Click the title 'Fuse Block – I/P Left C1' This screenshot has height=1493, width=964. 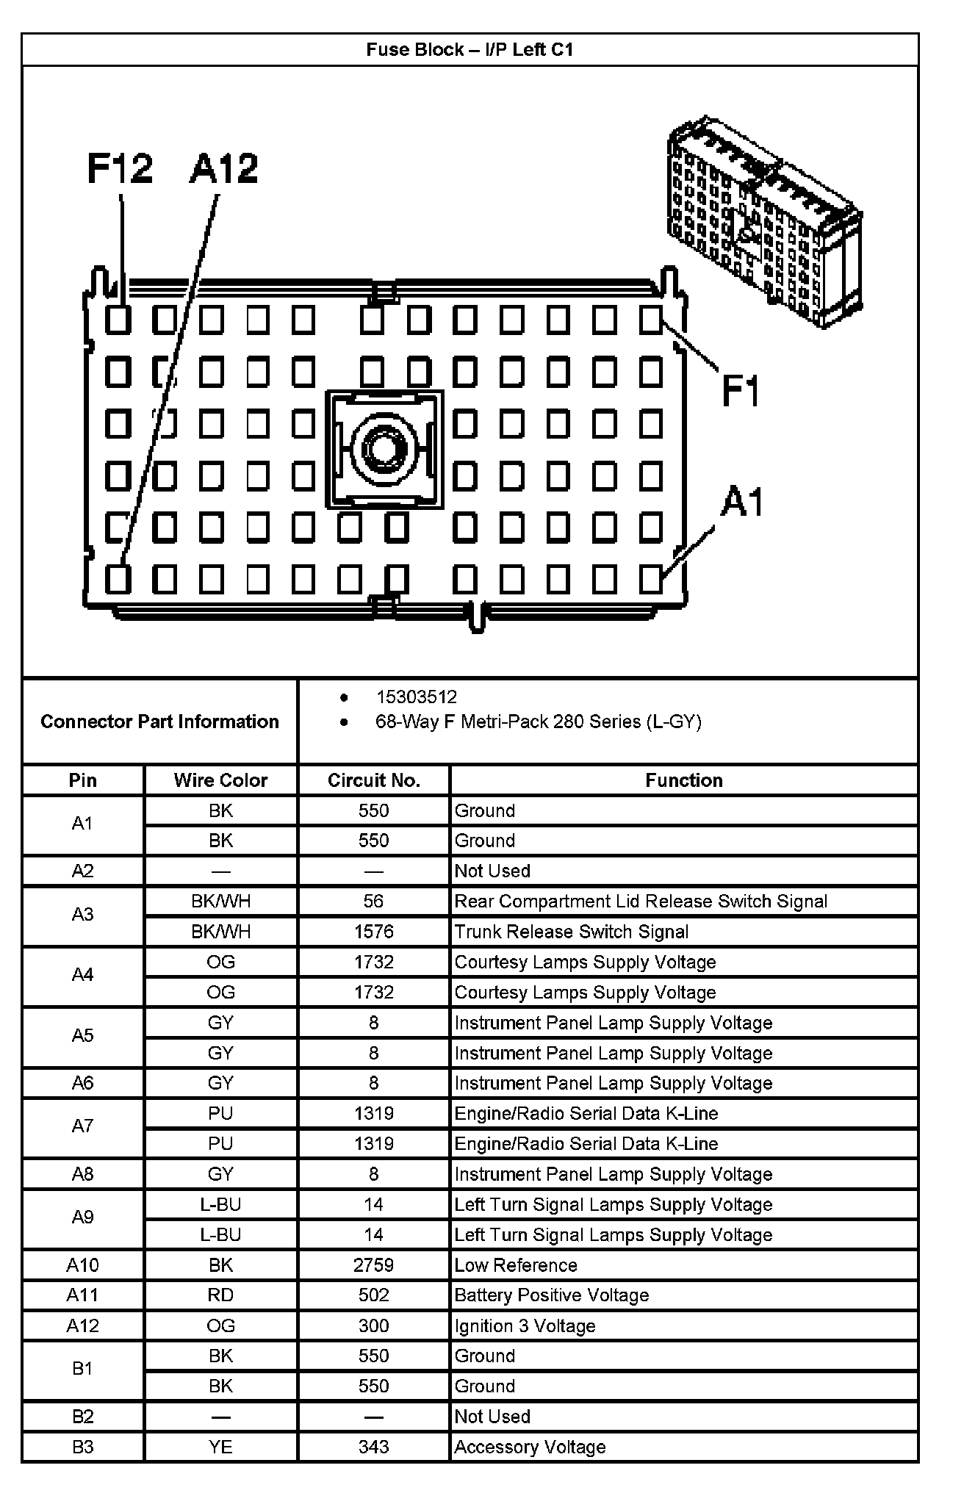click(470, 50)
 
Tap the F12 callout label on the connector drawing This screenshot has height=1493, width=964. click(120, 168)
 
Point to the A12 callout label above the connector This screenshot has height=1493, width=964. click(223, 168)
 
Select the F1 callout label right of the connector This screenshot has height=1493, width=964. click(741, 389)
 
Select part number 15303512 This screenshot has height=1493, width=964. click(417, 697)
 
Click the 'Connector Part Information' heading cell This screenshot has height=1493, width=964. click(159, 722)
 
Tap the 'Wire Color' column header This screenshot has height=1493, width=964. click(220, 780)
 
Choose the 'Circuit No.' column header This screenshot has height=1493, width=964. click(373, 780)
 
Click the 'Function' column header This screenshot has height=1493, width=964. click(683, 780)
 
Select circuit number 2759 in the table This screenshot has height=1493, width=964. click(373, 1265)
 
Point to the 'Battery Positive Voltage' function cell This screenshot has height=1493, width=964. click(551, 1295)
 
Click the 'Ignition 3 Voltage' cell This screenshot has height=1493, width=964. click(525, 1326)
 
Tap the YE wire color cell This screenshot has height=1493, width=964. click(220, 1447)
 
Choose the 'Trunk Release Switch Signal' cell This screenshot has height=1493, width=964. click(571, 932)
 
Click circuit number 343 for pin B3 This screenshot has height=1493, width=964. click(373, 1447)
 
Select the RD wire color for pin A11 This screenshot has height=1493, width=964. click(220, 1295)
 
